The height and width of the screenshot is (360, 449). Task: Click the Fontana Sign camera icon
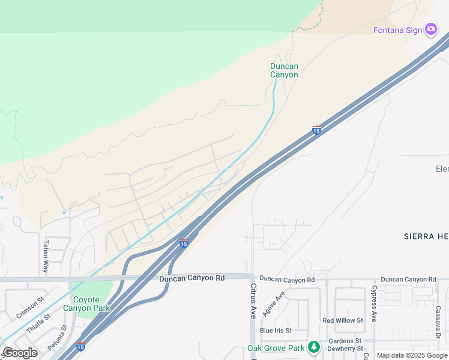(430, 29)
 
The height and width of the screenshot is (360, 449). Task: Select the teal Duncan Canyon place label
(284, 70)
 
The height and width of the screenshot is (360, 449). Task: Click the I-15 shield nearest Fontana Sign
(316, 130)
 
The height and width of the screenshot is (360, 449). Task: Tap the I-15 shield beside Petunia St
(80, 346)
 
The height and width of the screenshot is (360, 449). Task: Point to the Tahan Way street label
(45, 257)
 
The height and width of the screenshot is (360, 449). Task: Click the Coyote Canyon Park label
(91, 304)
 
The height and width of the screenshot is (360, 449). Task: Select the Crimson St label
(30, 307)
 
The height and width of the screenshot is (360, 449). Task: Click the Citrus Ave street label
(253, 301)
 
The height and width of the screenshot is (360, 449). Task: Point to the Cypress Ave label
(373, 303)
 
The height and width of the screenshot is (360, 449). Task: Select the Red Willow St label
(343, 321)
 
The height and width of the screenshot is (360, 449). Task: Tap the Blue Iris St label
(276, 331)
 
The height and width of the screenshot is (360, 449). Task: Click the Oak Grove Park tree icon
(313, 347)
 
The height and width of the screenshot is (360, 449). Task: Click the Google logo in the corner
(20, 353)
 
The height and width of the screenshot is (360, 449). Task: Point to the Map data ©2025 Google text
(412, 355)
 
